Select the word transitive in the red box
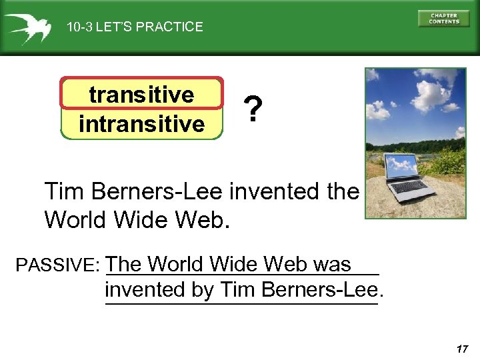(x=141, y=95)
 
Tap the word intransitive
(x=141, y=123)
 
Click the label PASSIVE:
(x=57, y=265)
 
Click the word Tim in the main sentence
(x=65, y=192)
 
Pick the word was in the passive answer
(x=331, y=264)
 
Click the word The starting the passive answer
(x=124, y=264)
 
